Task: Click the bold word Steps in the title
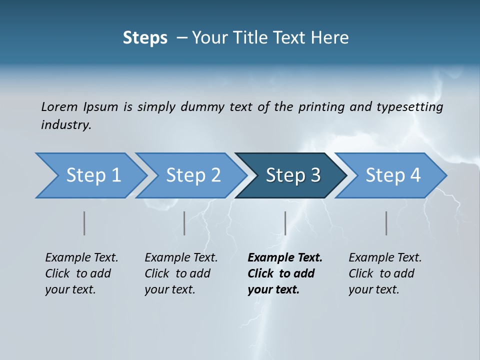pos(145,37)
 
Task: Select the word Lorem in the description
pos(59,106)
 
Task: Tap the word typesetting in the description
pos(409,106)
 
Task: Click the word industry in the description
pos(65,124)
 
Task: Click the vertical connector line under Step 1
pos(84,223)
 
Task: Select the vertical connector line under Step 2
pos(184,223)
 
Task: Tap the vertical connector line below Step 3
pos(285,223)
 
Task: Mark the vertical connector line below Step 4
pos(386,223)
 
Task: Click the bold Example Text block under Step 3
pos(284,273)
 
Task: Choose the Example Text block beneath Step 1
pos(81,273)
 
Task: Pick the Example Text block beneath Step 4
pos(384,273)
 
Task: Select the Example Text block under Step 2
pos(181,273)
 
